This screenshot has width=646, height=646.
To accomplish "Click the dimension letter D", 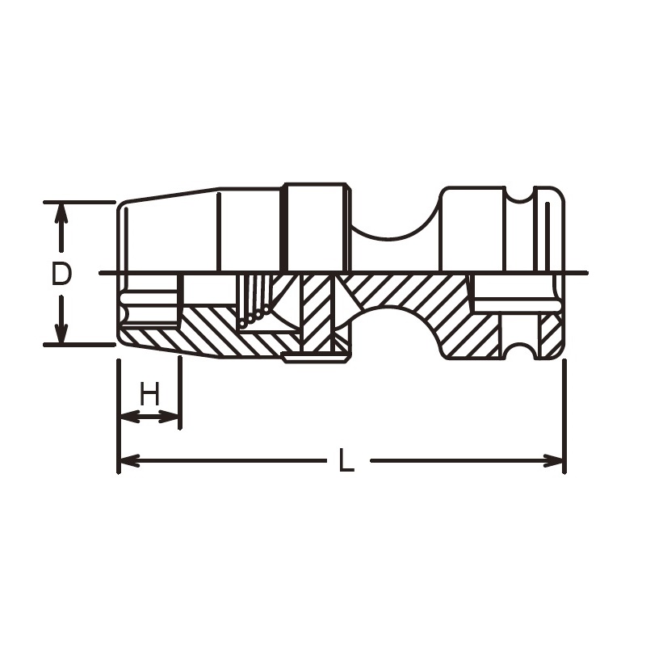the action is (62, 274).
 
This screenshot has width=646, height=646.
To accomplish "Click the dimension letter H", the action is (149, 393).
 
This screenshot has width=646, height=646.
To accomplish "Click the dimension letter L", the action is (346, 460).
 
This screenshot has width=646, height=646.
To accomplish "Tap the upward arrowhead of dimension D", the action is (61, 213).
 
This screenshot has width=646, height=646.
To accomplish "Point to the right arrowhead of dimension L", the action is (553, 460).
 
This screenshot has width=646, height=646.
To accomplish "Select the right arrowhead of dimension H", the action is (169, 417).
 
